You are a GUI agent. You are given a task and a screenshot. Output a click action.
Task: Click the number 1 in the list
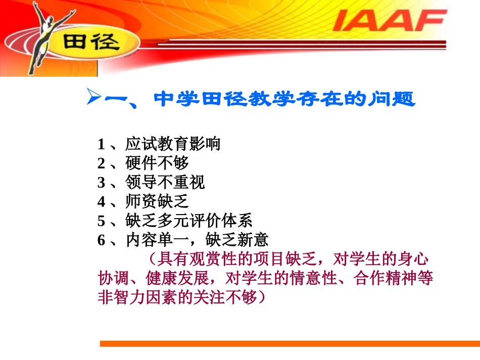point(101,144)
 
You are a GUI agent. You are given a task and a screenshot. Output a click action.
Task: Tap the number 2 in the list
point(101,164)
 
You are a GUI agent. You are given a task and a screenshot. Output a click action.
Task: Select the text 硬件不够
point(157,164)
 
